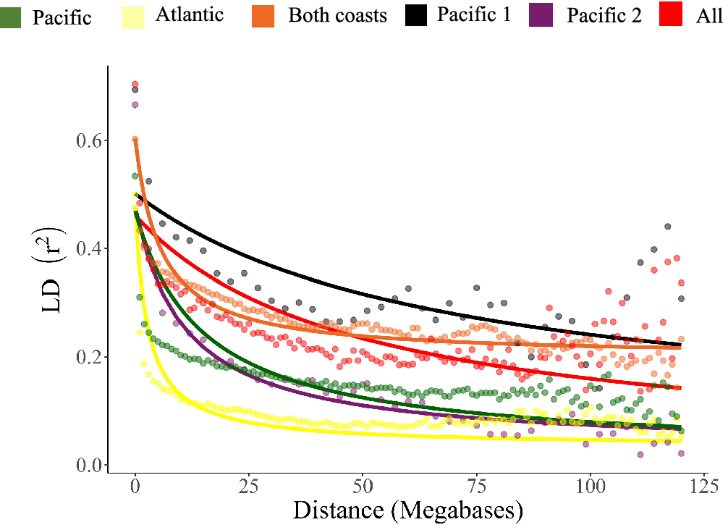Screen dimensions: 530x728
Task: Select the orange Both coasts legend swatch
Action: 265,15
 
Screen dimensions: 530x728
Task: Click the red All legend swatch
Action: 676,15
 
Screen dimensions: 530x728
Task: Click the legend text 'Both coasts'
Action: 337,15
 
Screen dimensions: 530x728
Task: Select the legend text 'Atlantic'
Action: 190,14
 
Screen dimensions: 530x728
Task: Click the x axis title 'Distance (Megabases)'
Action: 407,511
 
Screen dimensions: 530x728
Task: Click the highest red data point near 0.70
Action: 135,84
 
